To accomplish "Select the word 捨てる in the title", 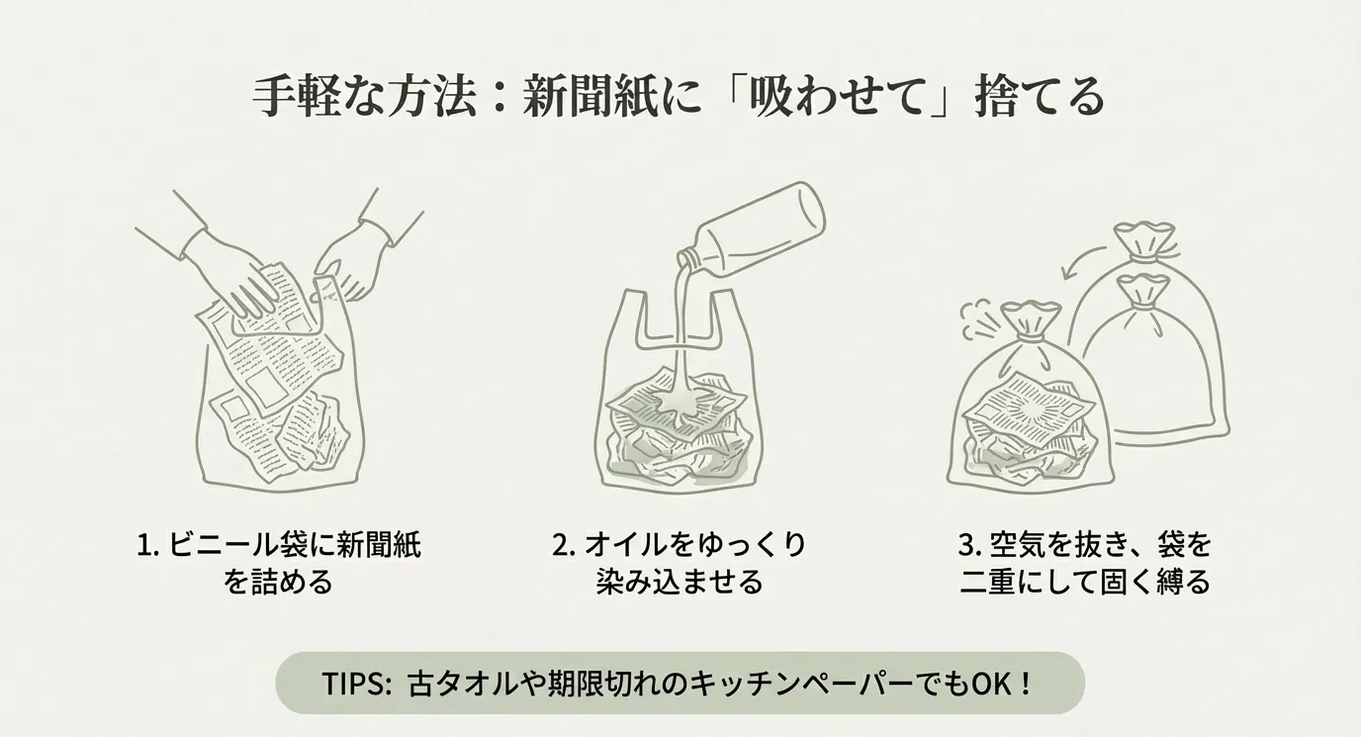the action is pos(1039,97).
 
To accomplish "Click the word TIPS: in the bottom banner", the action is pos(356,684).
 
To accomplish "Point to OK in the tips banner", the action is pos(994,684).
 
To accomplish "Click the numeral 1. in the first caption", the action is pos(147,545).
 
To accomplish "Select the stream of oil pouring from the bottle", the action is pos(683,340).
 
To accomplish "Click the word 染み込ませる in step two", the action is pos(680,582).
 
